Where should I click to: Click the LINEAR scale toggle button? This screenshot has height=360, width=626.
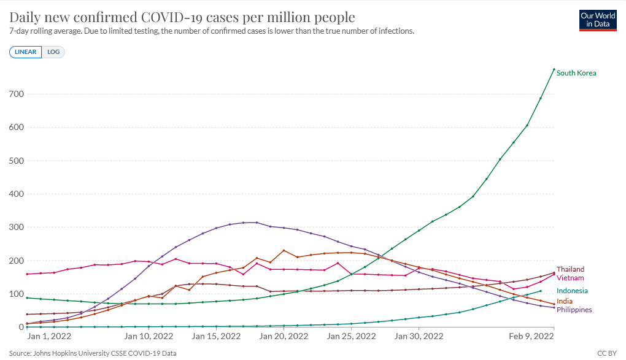tap(26, 52)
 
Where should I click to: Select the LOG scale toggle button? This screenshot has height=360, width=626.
tap(53, 52)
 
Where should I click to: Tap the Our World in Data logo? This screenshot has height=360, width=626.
tap(598, 20)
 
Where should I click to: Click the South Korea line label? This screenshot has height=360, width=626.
tap(576, 73)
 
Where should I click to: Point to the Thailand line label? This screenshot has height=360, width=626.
tap(570, 269)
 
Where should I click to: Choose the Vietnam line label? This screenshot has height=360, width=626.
tap(570, 278)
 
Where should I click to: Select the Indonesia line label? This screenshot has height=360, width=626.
tap(572, 291)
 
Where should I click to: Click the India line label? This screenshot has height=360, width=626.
tap(565, 301)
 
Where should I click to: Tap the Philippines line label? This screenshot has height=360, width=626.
tap(574, 310)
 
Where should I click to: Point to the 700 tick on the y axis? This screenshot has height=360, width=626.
tap(16, 94)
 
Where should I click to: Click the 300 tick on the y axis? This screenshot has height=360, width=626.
tap(16, 228)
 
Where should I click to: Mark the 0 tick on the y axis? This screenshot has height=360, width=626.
tap(20, 327)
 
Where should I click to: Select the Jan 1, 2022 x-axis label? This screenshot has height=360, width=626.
tap(50, 337)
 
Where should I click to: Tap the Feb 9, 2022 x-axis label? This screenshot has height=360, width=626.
tap(532, 337)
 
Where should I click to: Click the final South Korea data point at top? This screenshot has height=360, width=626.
tap(554, 69)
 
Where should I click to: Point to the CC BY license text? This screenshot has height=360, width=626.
tap(606, 354)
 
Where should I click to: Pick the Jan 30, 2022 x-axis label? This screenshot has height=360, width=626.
tap(419, 337)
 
